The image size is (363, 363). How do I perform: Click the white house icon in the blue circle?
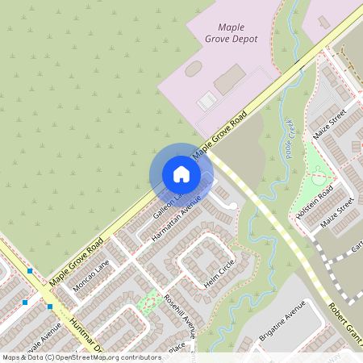pyautogui.click(x=181, y=173)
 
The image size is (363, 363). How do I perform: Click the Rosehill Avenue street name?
pyautogui.click(x=179, y=319)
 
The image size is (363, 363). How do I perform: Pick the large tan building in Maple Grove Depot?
pyautogui.click(x=230, y=79)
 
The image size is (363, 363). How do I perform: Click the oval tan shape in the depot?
pyautogui.click(x=194, y=69)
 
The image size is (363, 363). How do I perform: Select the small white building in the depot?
pyautogui.click(x=207, y=102)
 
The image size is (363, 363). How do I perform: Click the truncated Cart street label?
pyautogui.click(x=356, y=242)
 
